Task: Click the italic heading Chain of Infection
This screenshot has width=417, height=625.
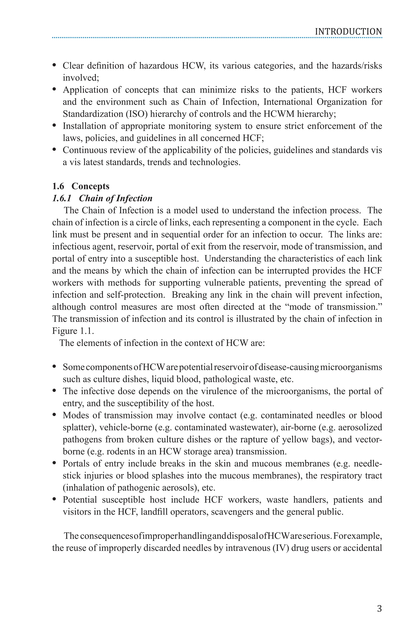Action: coord(115,198)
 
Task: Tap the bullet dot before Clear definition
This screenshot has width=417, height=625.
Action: coord(55,65)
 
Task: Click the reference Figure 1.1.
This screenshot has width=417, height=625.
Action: coord(73,331)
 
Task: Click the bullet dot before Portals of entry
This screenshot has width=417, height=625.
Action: coord(55,463)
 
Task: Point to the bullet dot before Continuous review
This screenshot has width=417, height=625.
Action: coord(55,150)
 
